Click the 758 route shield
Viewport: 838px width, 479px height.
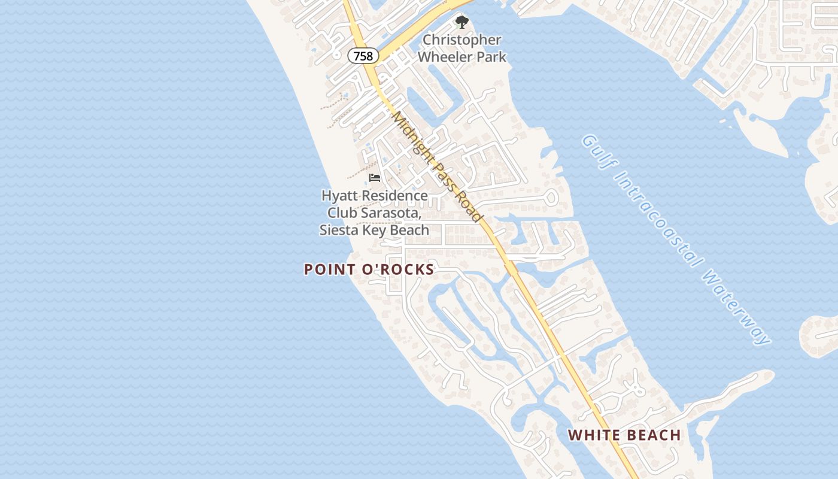363,56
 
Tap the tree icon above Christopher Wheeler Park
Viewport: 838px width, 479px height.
461,23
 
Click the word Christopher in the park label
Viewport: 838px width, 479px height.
461,40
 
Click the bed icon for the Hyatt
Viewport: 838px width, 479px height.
375,178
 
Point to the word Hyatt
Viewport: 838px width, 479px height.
339,196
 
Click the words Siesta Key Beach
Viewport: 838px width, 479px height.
374,230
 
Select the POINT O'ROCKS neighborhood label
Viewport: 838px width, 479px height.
369,269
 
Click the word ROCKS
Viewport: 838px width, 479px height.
408,269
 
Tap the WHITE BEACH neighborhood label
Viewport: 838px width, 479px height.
624,435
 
